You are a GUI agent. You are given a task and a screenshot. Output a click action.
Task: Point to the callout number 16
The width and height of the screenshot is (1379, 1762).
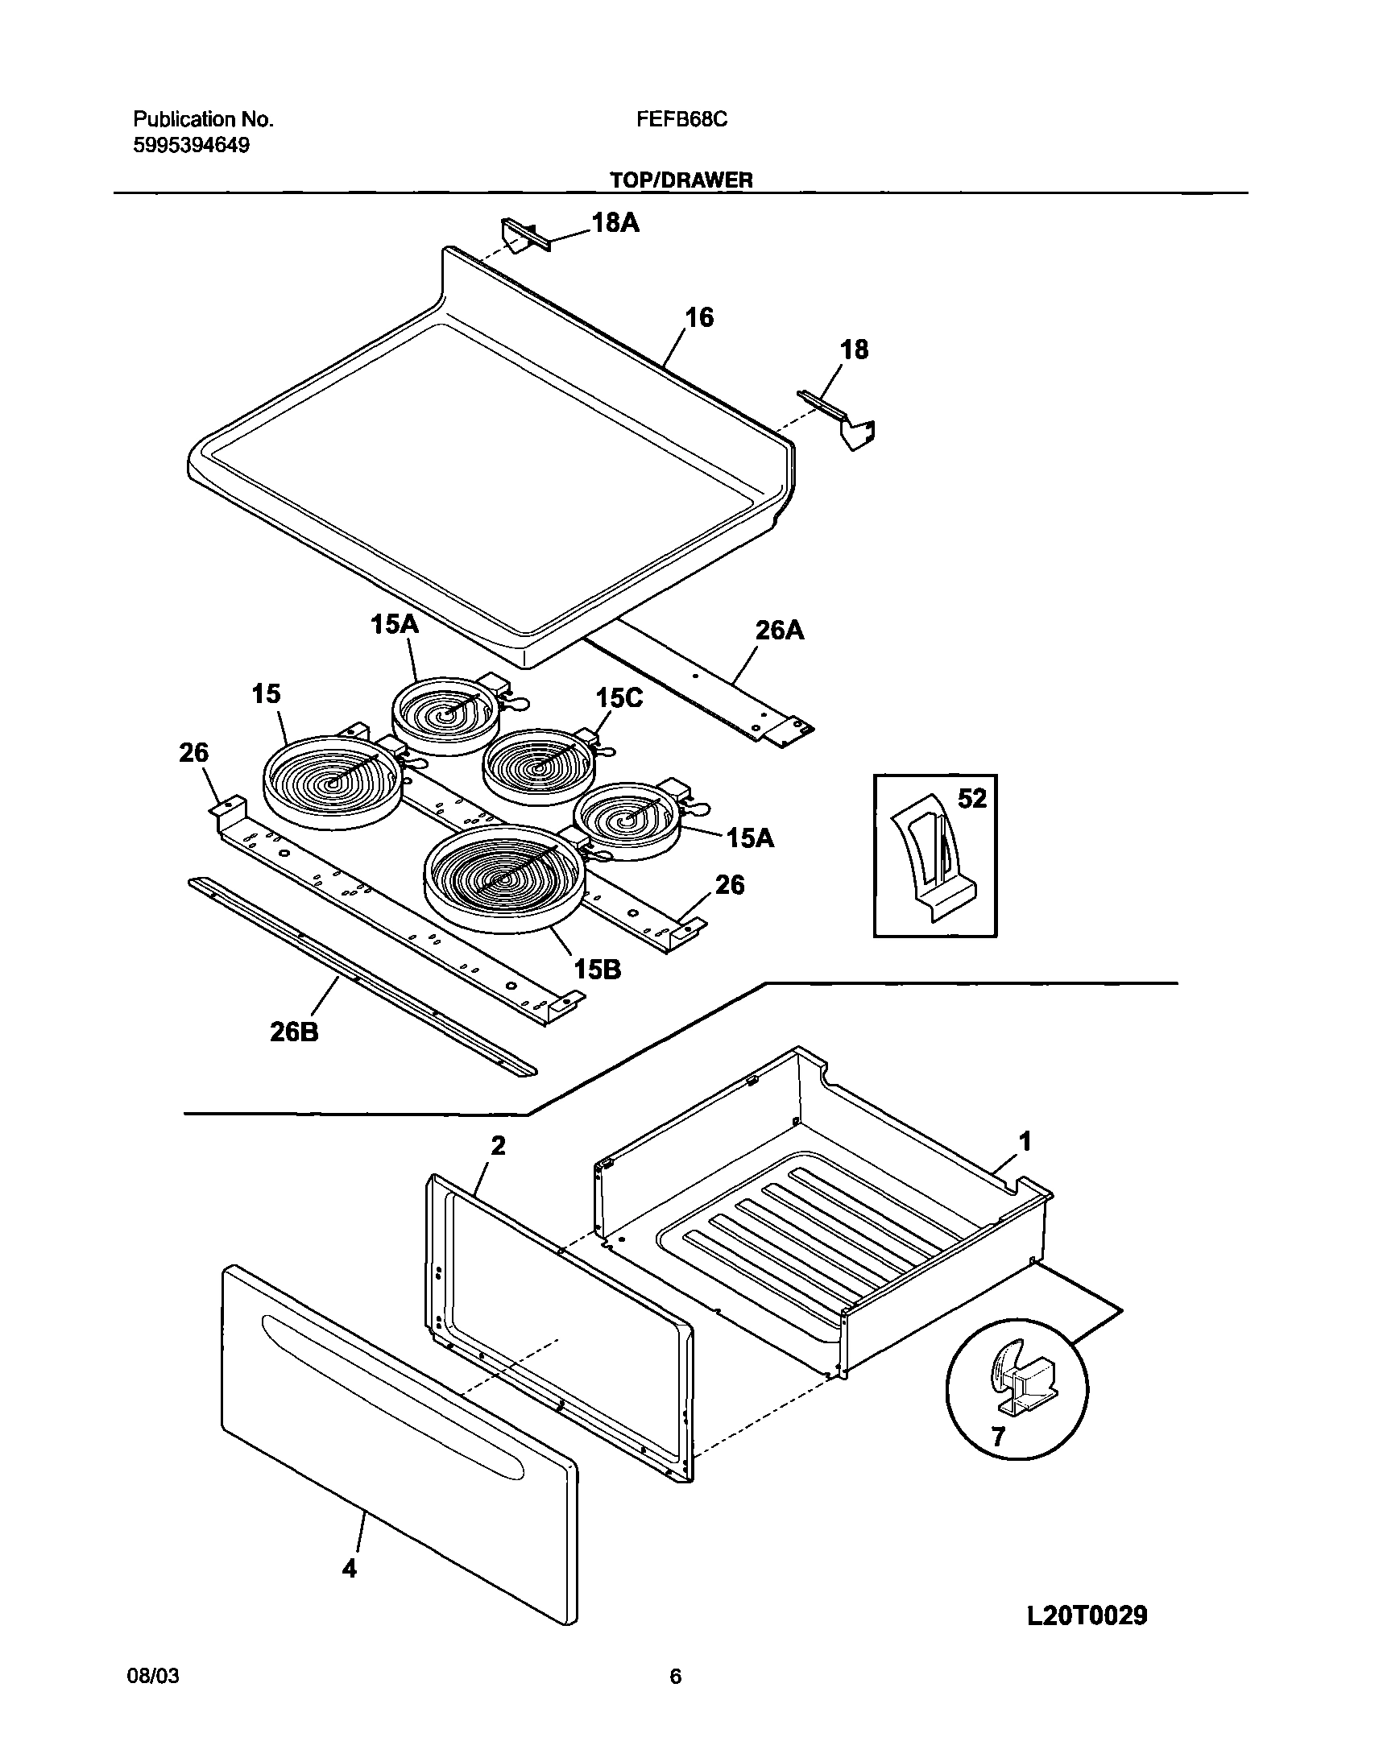pyautogui.click(x=699, y=317)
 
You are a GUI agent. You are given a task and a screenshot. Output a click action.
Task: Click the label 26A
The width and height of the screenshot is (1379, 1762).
pyautogui.click(x=779, y=630)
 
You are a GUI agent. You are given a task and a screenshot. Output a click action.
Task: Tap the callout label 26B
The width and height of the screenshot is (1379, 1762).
pyautogui.click(x=294, y=1032)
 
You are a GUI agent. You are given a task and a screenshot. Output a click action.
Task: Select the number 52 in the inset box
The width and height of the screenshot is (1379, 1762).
pyautogui.click(x=972, y=798)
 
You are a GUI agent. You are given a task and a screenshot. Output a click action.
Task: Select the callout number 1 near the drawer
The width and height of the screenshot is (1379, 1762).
pyautogui.click(x=1025, y=1141)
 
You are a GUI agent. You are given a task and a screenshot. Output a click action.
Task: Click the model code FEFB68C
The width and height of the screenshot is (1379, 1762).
pyautogui.click(x=681, y=119)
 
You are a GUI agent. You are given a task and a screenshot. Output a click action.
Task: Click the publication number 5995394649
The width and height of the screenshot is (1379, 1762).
pyautogui.click(x=192, y=145)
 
